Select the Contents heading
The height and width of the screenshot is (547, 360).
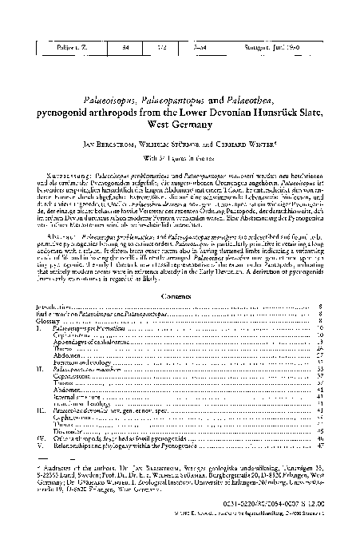click(x=179, y=272)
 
